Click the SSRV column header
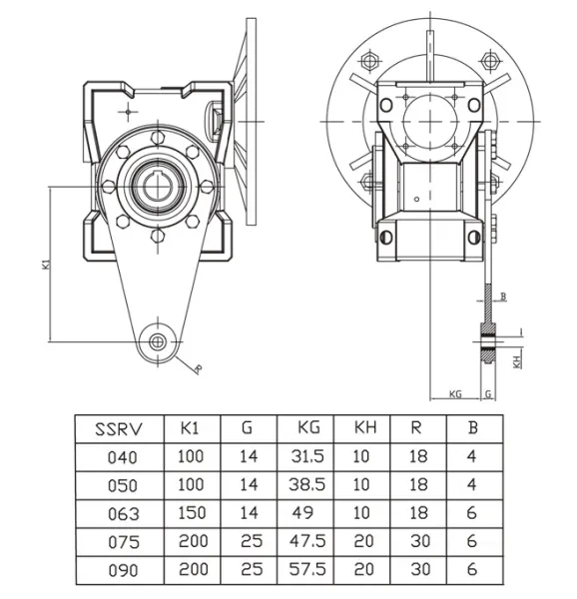(119, 430)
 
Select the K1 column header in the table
(191, 430)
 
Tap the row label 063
(119, 514)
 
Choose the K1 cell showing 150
(191, 514)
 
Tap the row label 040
(119, 458)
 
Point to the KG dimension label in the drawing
(455, 394)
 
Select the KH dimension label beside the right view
(517, 361)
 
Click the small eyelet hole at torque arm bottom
(158, 341)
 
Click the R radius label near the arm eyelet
(198, 369)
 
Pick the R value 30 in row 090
(416, 570)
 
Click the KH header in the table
(363, 430)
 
